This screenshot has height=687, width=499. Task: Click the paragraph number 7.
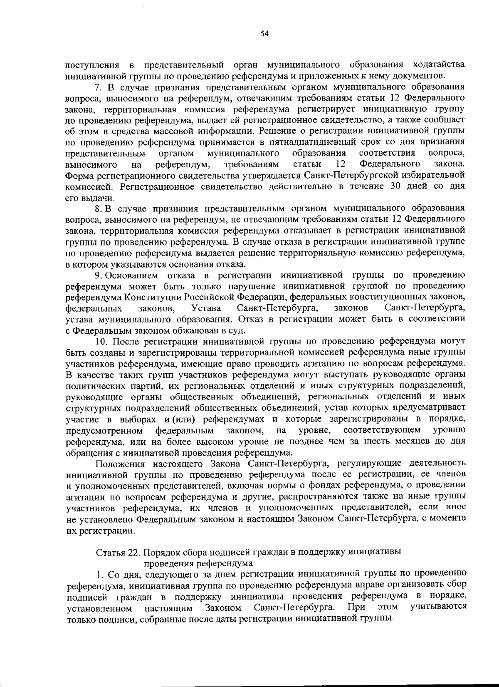click(x=98, y=88)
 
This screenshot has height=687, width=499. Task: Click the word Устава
click(x=206, y=308)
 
